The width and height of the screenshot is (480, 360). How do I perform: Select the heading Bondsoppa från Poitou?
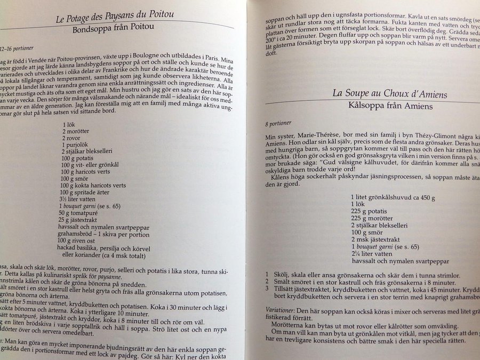coord(115,31)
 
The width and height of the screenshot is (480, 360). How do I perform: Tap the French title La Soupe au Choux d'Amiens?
coord(389,94)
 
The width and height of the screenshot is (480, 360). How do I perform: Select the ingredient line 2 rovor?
coord(74,138)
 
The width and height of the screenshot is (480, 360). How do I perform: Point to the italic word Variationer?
coord(283,309)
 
